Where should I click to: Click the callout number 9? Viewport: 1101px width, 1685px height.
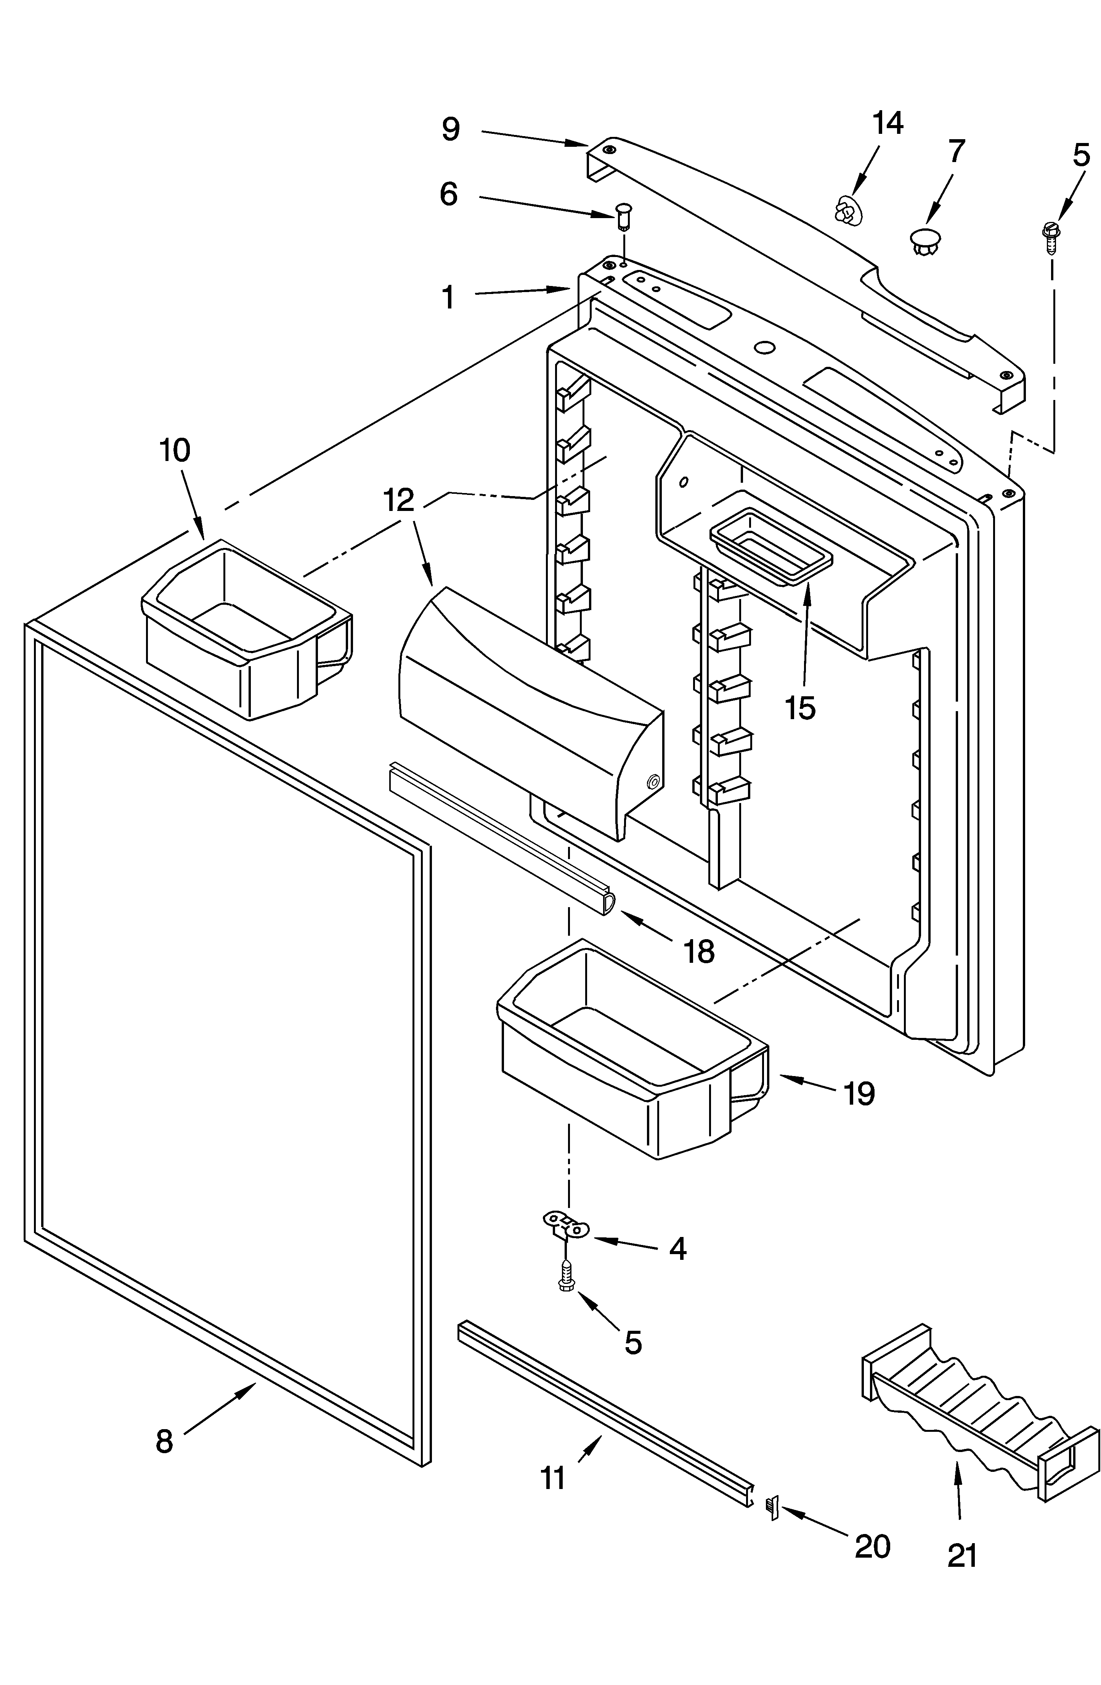[450, 130]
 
